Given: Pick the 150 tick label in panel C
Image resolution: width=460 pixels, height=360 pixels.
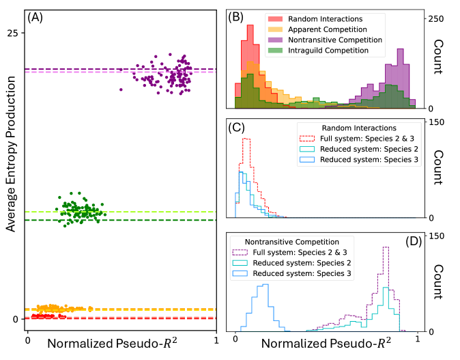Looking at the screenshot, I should tap(437, 122).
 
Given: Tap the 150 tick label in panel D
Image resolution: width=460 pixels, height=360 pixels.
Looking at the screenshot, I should tap(437, 236).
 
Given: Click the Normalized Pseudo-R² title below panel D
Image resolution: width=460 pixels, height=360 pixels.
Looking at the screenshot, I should tap(320, 346).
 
